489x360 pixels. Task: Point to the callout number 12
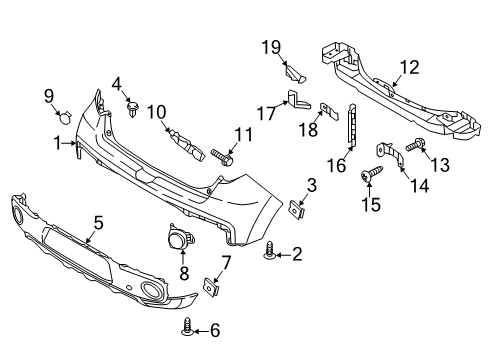coord(410,67)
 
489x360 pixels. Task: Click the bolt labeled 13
coord(414,147)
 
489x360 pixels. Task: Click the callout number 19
coord(271,46)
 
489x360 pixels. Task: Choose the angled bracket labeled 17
coord(294,97)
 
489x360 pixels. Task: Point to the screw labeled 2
coord(270,255)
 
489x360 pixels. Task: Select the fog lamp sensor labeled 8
coord(182,239)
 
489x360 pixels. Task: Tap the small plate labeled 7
coord(211,285)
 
